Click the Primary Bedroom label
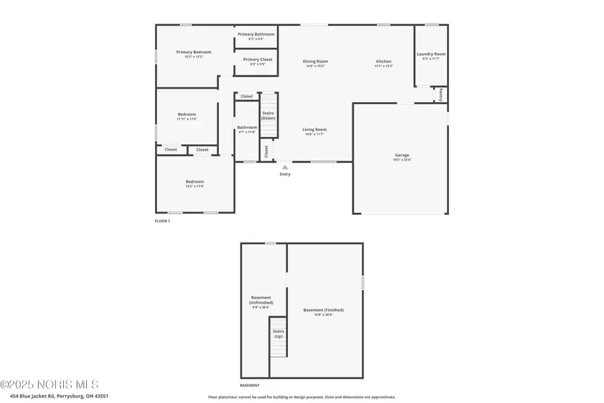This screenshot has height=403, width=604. click(194, 52)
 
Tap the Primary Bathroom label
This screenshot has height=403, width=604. click(256, 34)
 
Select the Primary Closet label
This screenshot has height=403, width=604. click(258, 60)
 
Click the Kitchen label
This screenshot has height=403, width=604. click(383, 62)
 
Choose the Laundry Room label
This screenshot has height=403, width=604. click(431, 54)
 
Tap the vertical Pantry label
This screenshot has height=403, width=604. click(440, 95)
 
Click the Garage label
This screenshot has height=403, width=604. click(402, 155)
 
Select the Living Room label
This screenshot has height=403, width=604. click(315, 130)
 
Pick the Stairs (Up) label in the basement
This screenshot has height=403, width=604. click(278, 333)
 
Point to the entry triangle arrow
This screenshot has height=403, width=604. click(285, 167)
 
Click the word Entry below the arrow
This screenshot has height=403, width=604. click(285, 175)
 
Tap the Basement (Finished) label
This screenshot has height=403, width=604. click(323, 310)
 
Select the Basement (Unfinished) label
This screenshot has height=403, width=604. click(262, 300)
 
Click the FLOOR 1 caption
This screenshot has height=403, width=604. click(162, 221)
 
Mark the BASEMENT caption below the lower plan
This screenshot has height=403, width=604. click(250, 386)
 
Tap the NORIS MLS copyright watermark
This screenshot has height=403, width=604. click(49, 385)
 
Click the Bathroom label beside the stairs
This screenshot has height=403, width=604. click(247, 128)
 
